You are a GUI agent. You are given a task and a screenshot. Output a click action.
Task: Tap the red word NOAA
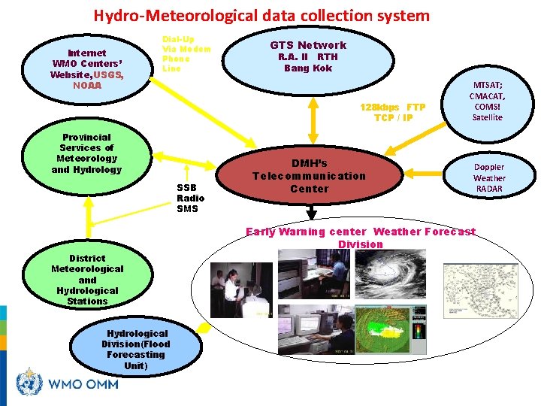click(x=87, y=85)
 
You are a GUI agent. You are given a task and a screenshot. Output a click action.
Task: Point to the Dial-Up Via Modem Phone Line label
click(x=186, y=53)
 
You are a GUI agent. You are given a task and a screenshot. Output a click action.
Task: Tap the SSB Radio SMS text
click(x=188, y=198)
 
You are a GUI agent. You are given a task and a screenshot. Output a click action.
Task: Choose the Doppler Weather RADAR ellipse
click(x=489, y=177)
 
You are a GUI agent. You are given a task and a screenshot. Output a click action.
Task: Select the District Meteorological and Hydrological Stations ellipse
click(x=87, y=280)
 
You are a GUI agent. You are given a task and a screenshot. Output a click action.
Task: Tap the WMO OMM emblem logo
click(x=29, y=382)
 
